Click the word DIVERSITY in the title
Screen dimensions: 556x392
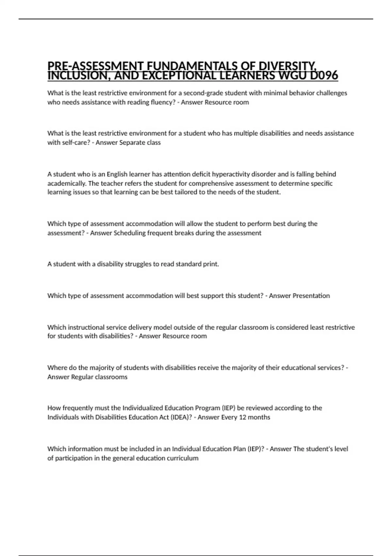pos(287,66)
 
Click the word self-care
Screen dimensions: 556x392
pos(76,143)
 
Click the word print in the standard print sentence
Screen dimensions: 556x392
pos(211,264)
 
